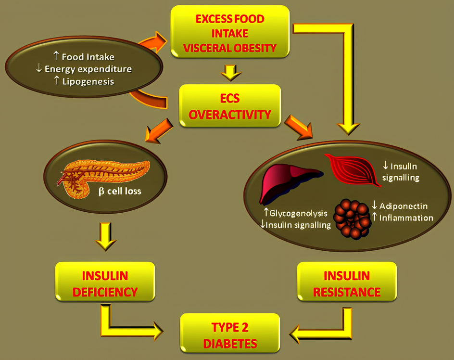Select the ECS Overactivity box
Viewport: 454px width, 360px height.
(x=229, y=106)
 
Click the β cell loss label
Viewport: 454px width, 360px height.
(x=120, y=191)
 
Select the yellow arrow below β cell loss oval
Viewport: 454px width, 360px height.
(x=105, y=235)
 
